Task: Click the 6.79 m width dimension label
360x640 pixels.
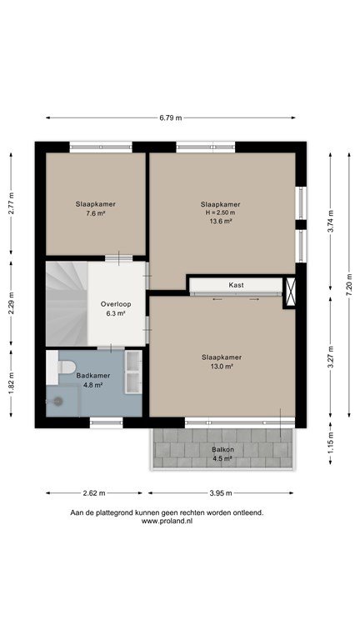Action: point(171,118)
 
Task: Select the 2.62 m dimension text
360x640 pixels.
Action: point(94,493)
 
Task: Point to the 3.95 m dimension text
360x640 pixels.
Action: point(221,493)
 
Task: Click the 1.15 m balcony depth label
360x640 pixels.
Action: point(330,443)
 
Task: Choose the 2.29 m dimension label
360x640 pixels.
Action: point(11,302)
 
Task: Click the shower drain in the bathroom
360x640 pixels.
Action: point(59,401)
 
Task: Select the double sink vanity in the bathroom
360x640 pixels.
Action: point(133,372)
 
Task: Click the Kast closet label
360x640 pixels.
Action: point(237,285)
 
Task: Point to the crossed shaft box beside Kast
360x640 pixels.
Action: point(290,292)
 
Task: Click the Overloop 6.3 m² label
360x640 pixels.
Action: point(116,308)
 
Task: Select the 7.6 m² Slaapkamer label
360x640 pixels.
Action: point(96,208)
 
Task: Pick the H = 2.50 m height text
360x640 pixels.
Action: point(220,212)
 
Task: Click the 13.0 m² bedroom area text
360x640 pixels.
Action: point(222,367)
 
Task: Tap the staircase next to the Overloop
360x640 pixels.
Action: point(67,304)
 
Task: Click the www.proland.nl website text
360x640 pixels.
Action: point(167,521)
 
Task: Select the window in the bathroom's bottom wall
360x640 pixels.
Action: point(106,422)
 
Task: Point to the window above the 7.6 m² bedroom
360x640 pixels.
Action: point(101,147)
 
